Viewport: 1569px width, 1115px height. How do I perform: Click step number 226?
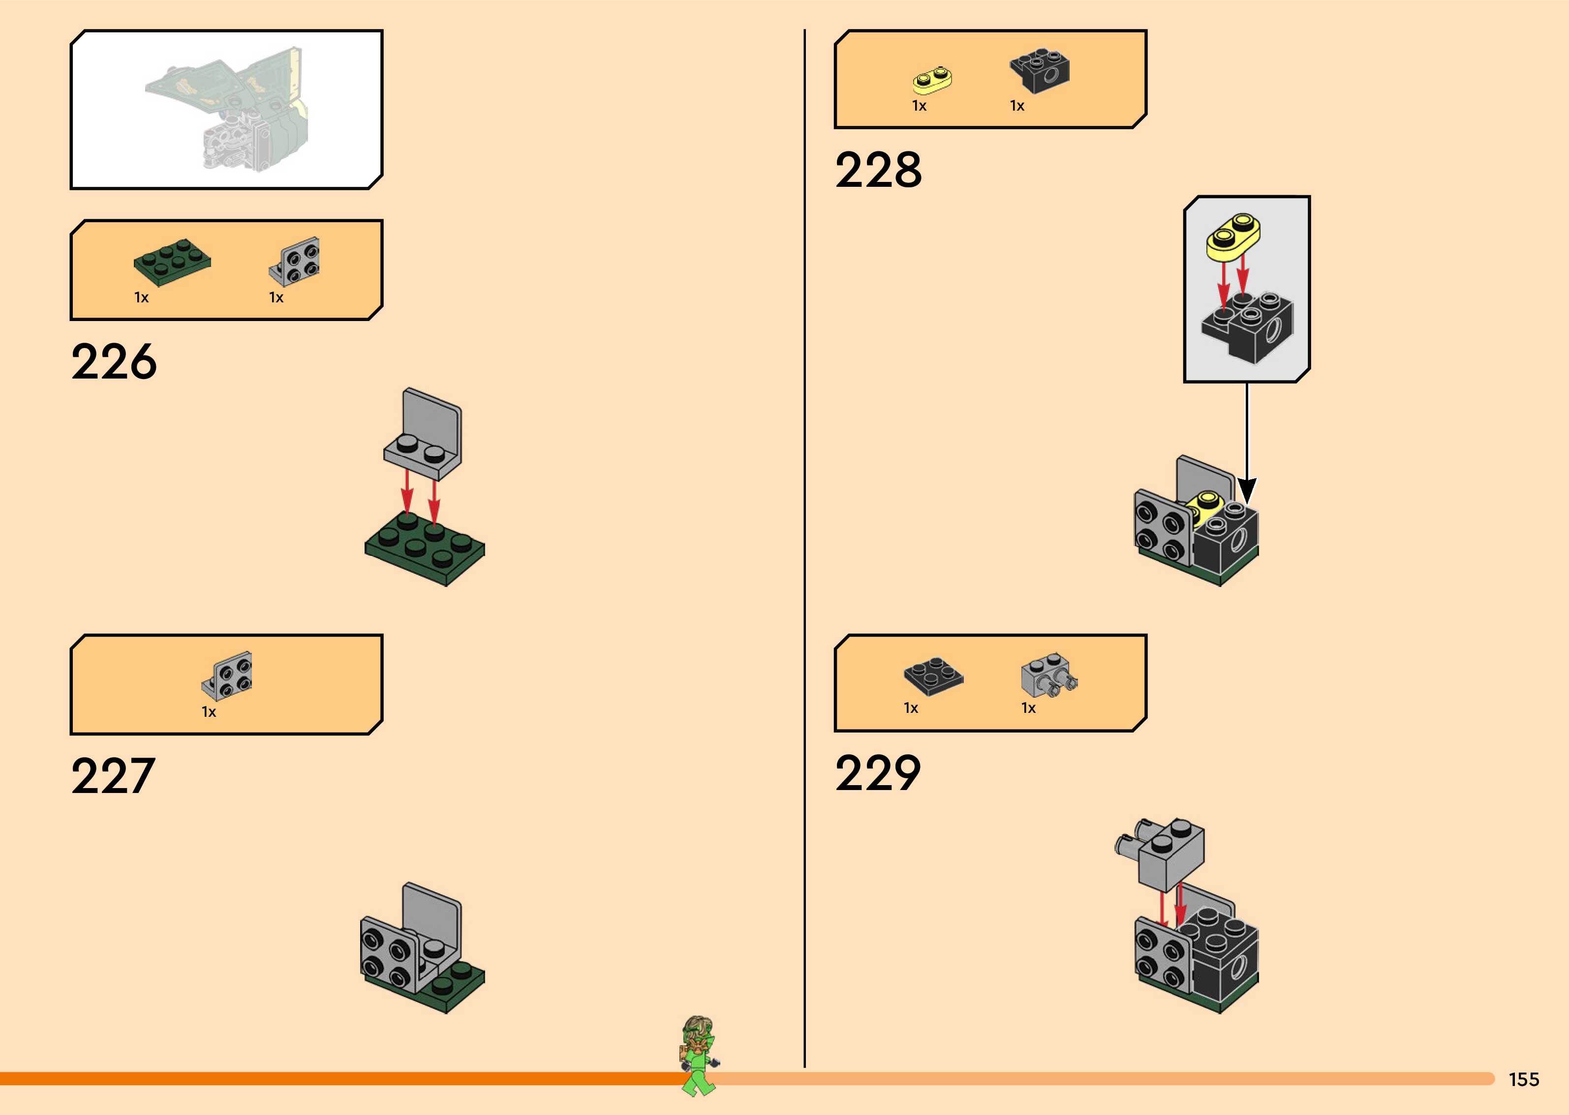pos(114,362)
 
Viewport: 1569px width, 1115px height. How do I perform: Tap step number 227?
pos(113,777)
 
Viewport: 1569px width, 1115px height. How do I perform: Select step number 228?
pos(878,170)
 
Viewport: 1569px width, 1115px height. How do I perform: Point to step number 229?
pos(878,774)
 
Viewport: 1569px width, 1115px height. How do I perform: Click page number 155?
pos(1524,1079)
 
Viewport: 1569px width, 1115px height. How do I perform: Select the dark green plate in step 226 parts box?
pos(172,261)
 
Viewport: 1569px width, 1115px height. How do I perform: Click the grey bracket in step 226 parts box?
pos(295,261)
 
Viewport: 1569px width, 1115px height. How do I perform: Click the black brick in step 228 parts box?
pos(1040,71)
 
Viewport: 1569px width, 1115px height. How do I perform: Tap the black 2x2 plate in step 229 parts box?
pos(933,675)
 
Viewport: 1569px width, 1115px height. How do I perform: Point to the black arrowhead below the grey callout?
pos(1247,492)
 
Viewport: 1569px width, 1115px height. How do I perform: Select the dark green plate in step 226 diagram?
pos(425,549)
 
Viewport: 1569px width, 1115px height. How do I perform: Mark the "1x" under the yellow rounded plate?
pos(919,106)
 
